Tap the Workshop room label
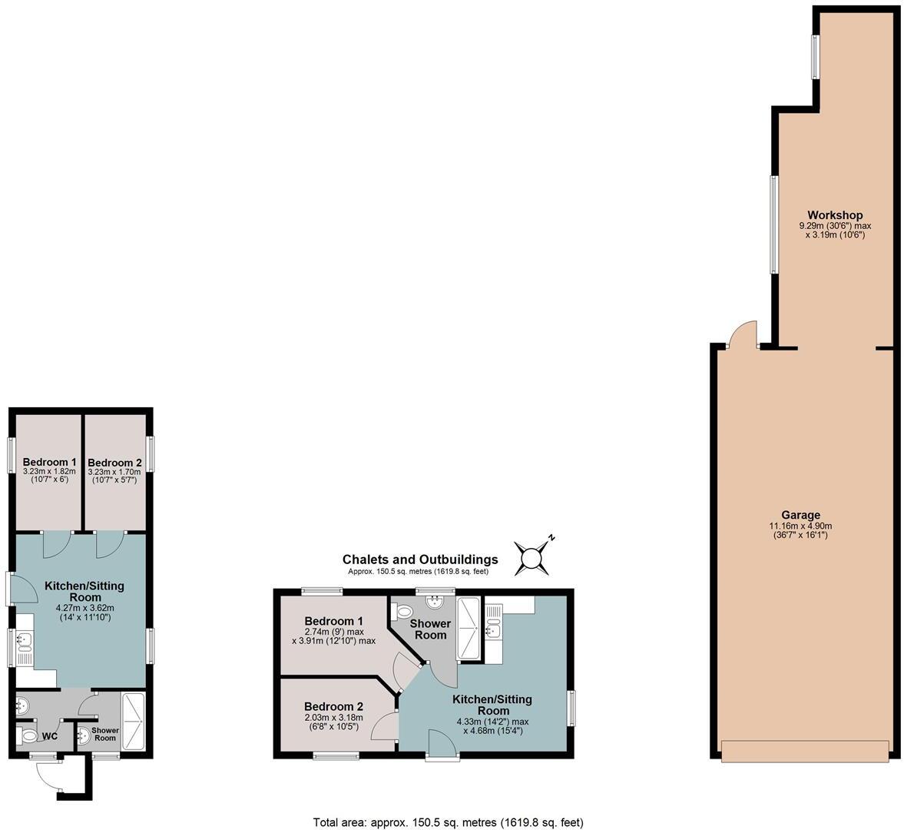point(835,215)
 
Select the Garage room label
point(801,515)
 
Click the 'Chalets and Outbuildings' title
point(420,559)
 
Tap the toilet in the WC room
point(28,736)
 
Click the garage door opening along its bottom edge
point(806,751)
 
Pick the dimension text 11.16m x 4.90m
point(801,526)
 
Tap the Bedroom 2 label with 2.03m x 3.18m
point(333,707)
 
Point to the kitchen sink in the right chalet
point(492,631)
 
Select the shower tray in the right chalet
point(468,628)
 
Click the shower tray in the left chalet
point(133,719)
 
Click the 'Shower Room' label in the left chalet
point(105,734)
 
